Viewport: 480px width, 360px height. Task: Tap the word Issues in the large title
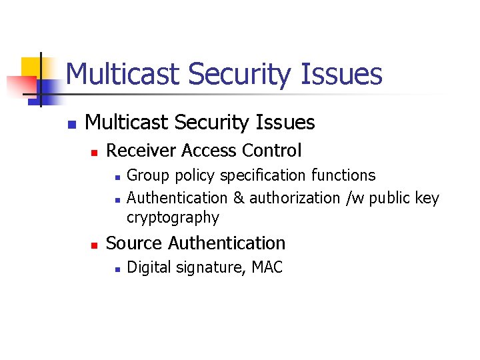(x=341, y=74)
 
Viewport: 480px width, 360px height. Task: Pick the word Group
(x=143, y=175)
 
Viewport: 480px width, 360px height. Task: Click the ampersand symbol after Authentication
(x=238, y=198)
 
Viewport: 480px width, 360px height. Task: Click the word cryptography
(x=173, y=217)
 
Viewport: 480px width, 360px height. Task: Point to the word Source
(x=135, y=243)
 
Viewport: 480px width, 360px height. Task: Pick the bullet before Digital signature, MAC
(x=116, y=269)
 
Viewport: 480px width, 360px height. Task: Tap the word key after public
(x=427, y=198)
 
